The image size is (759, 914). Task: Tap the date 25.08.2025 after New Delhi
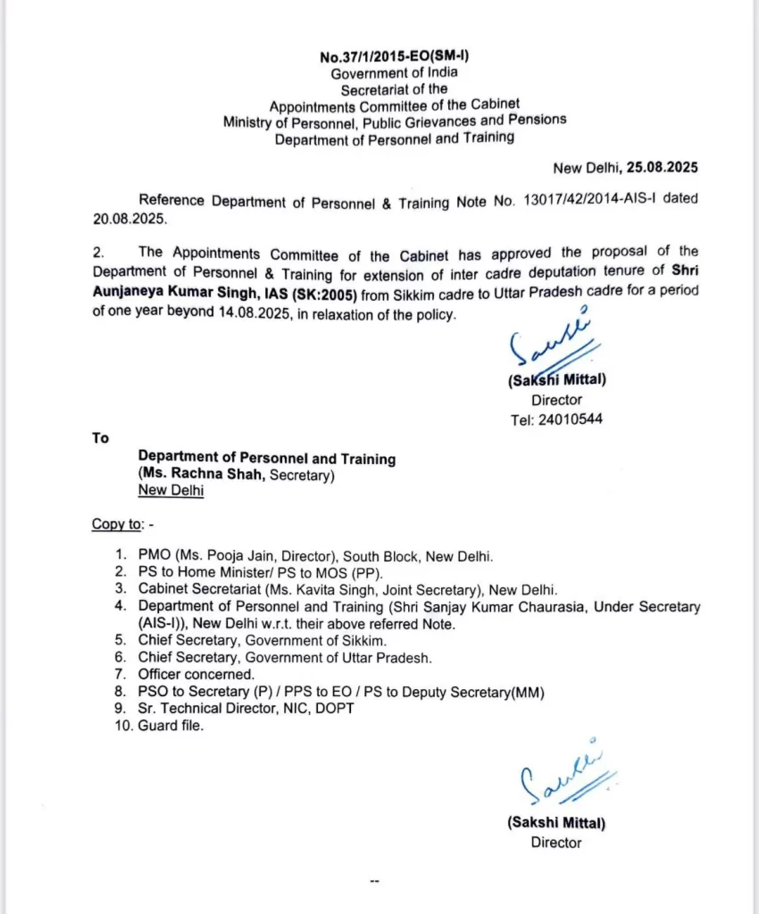(662, 167)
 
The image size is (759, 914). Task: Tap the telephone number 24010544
(569, 419)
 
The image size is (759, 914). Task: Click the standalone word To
(100, 437)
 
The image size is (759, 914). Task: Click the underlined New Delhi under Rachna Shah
(171, 491)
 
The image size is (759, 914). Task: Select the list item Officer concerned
(196, 675)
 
